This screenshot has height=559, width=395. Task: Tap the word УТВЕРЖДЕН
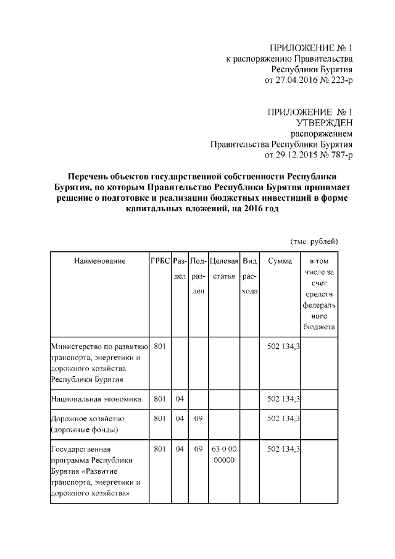pyautogui.click(x=322, y=122)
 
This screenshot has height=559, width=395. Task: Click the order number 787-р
pyautogui.click(x=338, y=154)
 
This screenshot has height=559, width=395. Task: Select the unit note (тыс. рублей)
pyautogui.click(x=314, y=241)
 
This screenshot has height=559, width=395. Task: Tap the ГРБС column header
pyautogui.click(x=160, y=261)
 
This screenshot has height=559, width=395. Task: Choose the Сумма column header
pyautogui.click(x=280, y=261)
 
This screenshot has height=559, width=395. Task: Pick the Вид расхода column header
pyautogui.click(x=249, y=275)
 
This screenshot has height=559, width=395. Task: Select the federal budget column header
pyautogui.click(x=319, y=293)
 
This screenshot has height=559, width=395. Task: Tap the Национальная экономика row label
pyautogui.click(x=96, y=399)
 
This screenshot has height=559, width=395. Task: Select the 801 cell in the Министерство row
pyautogui.click(x=159, y=347)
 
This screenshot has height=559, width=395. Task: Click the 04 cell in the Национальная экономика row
pyautogui.click(x=180, y=399)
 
